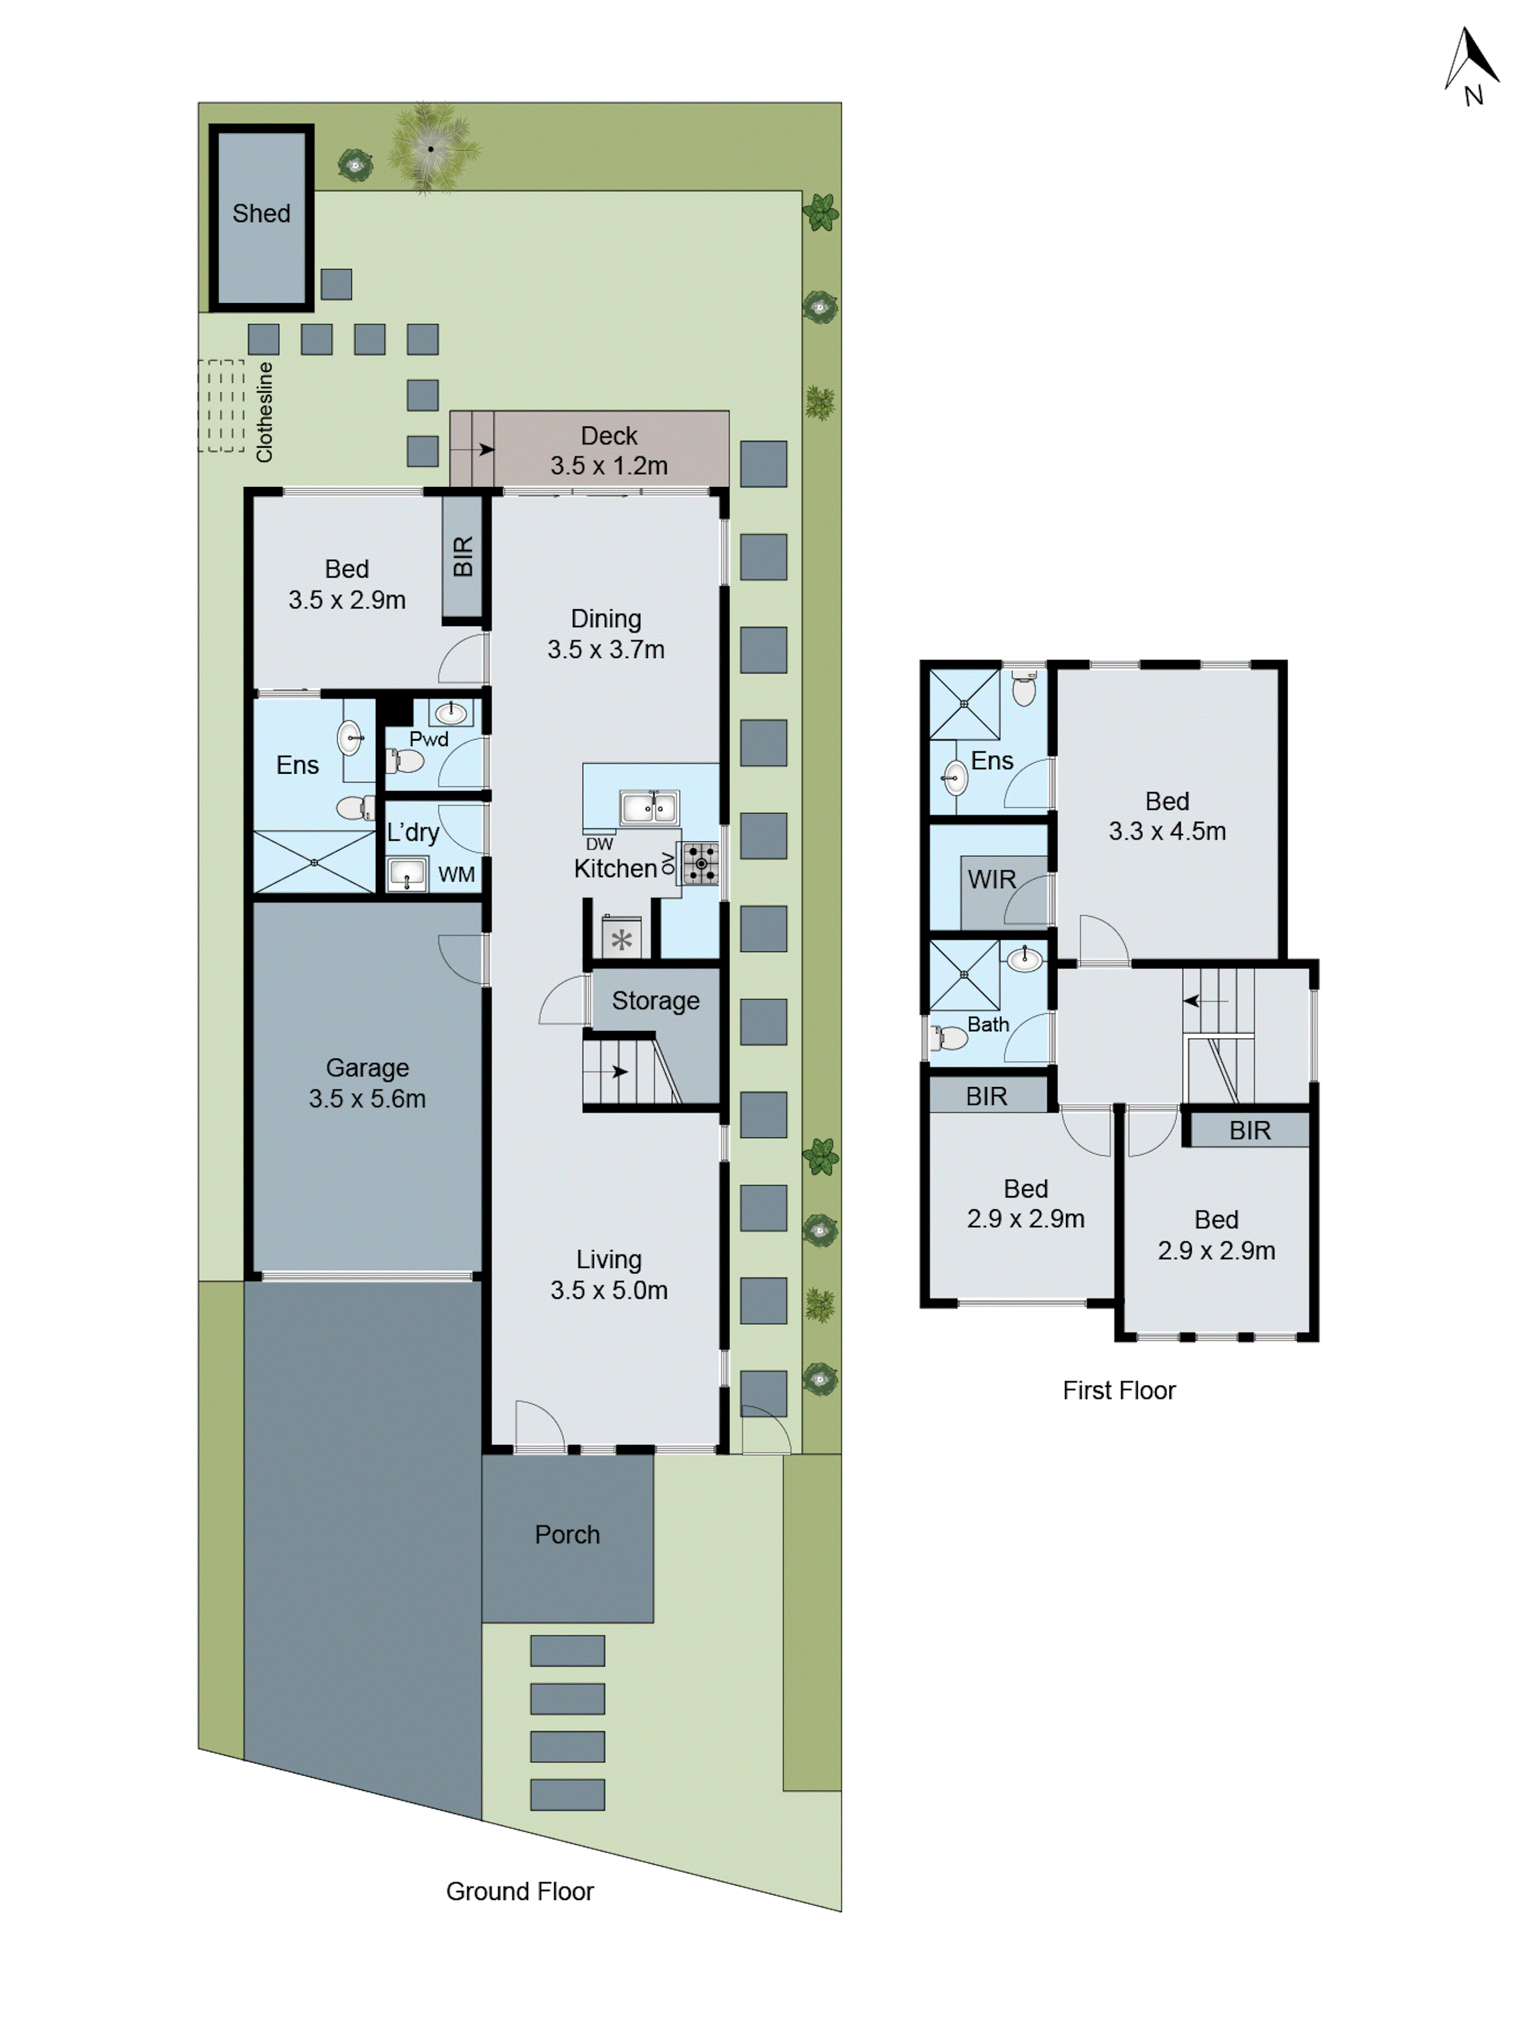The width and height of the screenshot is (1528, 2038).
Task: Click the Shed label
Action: point(261,214)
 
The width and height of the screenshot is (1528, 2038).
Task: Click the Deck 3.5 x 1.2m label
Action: point(609,450)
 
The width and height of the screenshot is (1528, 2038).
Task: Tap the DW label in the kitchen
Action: point(598,844)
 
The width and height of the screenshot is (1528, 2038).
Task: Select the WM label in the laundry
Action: point(456,875)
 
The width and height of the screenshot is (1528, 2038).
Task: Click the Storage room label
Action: point(655,1000)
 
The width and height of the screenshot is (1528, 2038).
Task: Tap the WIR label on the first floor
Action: point(991,880)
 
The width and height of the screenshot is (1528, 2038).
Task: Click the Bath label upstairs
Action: point(988,1024)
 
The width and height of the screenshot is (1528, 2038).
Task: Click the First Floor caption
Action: point(1118,1390)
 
